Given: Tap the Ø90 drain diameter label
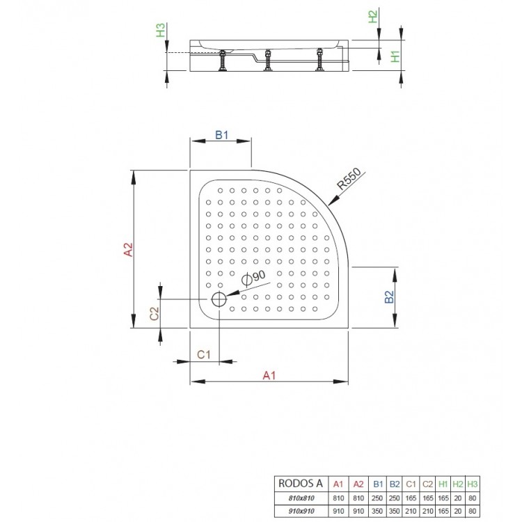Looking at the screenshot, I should tap(255, 277).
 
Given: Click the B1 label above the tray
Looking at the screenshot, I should tap(221, 136).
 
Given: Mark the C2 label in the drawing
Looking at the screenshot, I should tap(155, 313).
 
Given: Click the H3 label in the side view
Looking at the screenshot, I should tap(161, 31).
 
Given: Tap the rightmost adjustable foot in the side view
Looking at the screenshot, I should tap(319, 61).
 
